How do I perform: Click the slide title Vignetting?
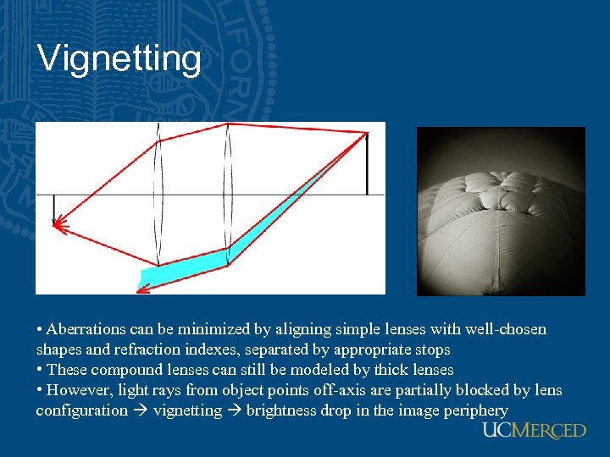click(x=119, y=59)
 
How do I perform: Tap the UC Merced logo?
click(x=534, y=431)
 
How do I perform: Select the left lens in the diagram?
click(x=158, y=195)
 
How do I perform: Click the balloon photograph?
click(x=501, y=212)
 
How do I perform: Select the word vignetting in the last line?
click(x=187, y=410)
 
